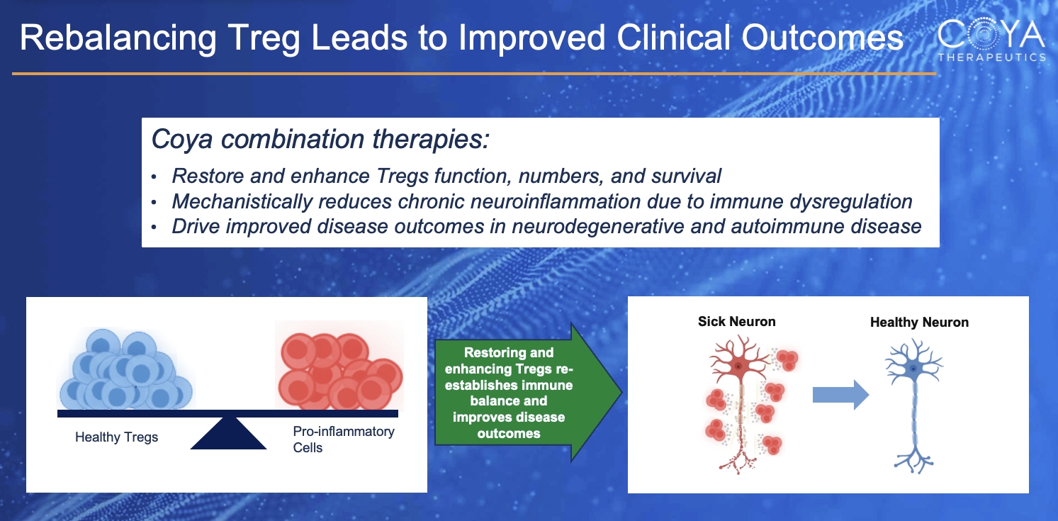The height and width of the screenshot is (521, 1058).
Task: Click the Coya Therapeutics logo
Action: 991,40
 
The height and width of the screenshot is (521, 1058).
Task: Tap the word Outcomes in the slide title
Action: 822,38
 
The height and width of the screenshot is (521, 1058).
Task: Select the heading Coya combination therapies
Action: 320,140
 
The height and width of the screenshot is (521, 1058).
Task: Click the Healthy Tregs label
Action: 117,437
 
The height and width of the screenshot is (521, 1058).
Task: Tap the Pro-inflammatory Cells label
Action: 344,439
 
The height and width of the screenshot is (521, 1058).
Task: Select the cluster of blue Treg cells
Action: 126,369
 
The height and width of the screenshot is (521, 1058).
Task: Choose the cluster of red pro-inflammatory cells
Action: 340,371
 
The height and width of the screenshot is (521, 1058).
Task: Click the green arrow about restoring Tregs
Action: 528,392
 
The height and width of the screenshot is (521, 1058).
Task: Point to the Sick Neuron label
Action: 737,322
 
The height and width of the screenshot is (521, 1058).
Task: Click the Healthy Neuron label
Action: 919,322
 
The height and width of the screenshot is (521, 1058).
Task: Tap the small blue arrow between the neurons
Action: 840,394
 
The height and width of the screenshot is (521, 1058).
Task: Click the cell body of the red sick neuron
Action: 738,366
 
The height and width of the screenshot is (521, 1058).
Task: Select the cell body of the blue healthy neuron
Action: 913,369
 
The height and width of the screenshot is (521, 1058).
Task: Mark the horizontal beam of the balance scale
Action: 227,413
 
